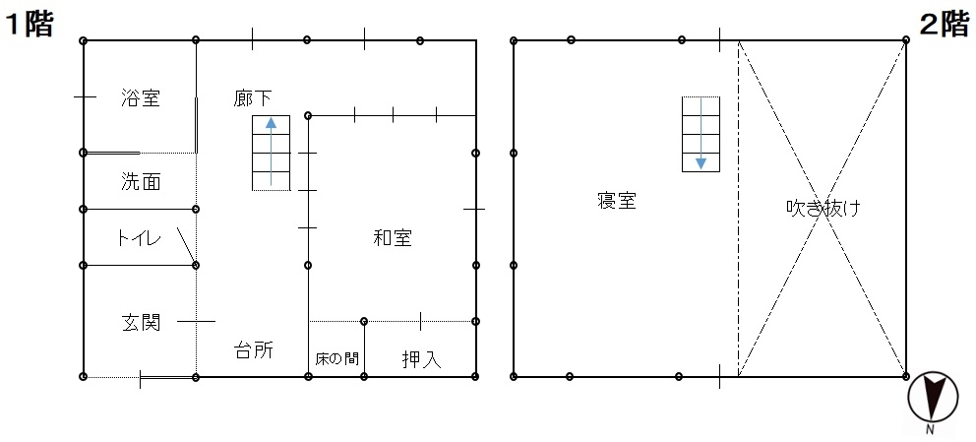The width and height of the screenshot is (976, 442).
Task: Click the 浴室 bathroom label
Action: (141, 97)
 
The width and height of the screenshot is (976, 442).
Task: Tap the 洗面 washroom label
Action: (141, 181)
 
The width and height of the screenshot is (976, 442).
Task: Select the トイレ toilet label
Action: (139, 237)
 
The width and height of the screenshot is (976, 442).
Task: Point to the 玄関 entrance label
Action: (141, 322)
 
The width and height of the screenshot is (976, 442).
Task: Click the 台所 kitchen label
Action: (253, 349)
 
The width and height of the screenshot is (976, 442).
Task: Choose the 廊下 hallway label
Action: (252, 97)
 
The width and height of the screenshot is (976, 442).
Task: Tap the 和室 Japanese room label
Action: (393, 237)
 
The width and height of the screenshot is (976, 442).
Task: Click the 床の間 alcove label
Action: (336, 359)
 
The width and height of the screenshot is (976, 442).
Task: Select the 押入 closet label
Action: (421, 359)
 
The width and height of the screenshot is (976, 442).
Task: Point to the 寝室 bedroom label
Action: (616, 201)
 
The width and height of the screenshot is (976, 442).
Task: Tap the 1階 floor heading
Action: (30, 25)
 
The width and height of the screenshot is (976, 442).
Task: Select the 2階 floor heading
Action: (945, 25)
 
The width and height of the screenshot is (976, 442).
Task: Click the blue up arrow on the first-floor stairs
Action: (271, 152)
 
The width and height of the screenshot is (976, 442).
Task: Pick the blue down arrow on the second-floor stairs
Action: (701, 133)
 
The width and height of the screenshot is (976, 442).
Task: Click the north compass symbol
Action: (933, 396)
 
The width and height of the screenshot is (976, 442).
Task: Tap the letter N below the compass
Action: (930, 429)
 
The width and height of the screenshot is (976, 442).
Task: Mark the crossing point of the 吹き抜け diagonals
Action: (823, 209)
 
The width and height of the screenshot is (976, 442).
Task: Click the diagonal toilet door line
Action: (187, 246)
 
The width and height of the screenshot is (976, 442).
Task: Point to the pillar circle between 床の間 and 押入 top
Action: (364, 321)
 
